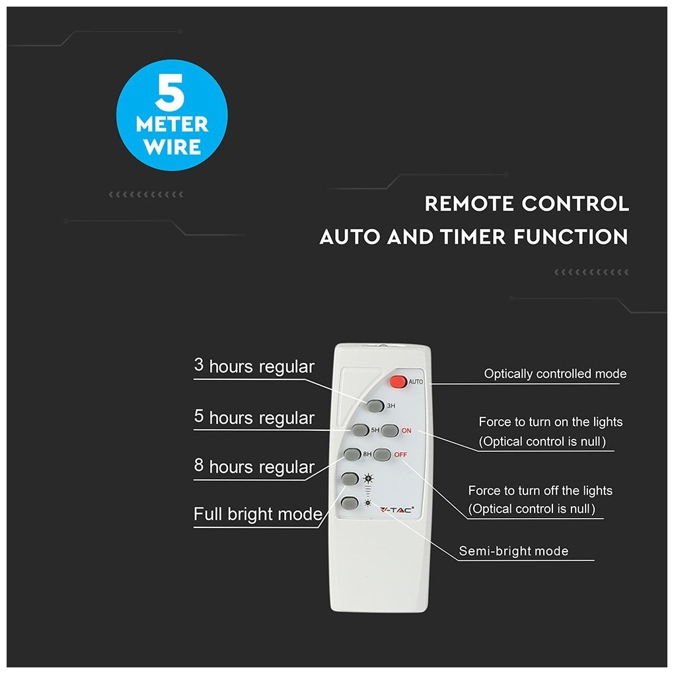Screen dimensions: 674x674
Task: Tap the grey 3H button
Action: click(x=375, y=405)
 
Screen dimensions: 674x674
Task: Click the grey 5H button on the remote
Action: click(x=360, y=430)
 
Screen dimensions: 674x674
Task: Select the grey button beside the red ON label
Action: click(x=390, y=430)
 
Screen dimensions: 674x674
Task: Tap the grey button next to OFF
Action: click(x=382, y=455)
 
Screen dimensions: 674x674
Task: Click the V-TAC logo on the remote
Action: click(x=396, y=510)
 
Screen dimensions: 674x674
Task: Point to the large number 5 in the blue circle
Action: click(x=170, y=92)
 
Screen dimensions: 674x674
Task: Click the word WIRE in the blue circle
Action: click(x=172, y=147)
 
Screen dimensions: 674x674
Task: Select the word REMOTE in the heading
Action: click(x=468, y=204)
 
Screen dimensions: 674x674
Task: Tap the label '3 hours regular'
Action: click(x=254, y=366)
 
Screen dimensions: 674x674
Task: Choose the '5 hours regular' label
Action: click(x=254, y=417)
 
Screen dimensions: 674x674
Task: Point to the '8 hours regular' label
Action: click(x=254, y=466)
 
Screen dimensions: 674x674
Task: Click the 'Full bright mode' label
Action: click(x=258, y=513)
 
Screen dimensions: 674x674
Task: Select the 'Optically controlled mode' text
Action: click(x=555, y=374)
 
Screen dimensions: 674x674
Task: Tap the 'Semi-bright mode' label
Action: click(x=513, y=551)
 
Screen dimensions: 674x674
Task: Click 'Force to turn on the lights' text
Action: click(x=550, y=422)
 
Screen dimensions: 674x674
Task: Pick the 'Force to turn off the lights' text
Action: click(x=541, y=490)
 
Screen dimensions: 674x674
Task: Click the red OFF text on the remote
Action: click(x=400, y=455)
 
